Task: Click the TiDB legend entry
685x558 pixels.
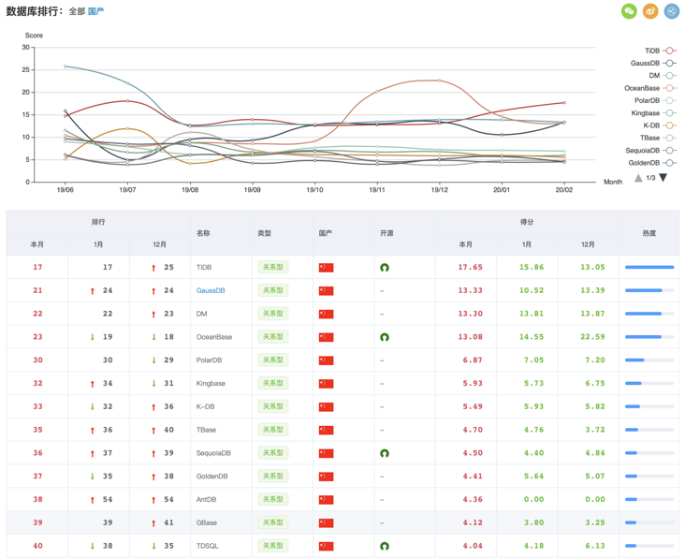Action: (x=659, y=51)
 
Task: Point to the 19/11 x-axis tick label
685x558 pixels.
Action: (x=377, y=189)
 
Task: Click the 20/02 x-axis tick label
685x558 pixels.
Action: (x=564, y=189)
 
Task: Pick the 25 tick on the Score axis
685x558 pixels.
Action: (x=25, y=69)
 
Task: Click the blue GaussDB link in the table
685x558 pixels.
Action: (x=211, y=290)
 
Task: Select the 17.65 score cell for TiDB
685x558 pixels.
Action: (x=470, y=267)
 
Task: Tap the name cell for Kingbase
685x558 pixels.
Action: (x=211, y=383)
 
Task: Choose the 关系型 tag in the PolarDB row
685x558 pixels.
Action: (x=272, y=360)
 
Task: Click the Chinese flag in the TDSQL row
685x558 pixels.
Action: (x=326, y=546)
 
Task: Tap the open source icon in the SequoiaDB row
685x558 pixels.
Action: (x=384, y=453)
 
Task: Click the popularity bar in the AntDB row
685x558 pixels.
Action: (x=649, y=499)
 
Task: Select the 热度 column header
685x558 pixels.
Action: (x=649, y=233)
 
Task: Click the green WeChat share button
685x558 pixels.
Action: (x=629, y=11)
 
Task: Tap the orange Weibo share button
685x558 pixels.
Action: (x=650, y=11)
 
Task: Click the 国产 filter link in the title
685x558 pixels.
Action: (x=96, y=11)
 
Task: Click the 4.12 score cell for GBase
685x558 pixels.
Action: (x=471, y=522)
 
